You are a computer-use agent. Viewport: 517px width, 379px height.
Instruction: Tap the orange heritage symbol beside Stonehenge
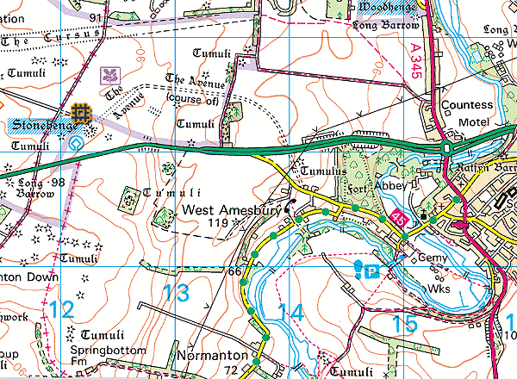(x=82, y=113)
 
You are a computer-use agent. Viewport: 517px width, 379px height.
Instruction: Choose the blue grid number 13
(x=177, y=293)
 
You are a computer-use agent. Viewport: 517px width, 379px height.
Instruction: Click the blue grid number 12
(x=60, y=309)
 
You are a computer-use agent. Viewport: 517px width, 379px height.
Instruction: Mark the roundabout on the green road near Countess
(x=446, y=148)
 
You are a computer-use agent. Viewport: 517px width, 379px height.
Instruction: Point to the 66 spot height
(x=234, y=272)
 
